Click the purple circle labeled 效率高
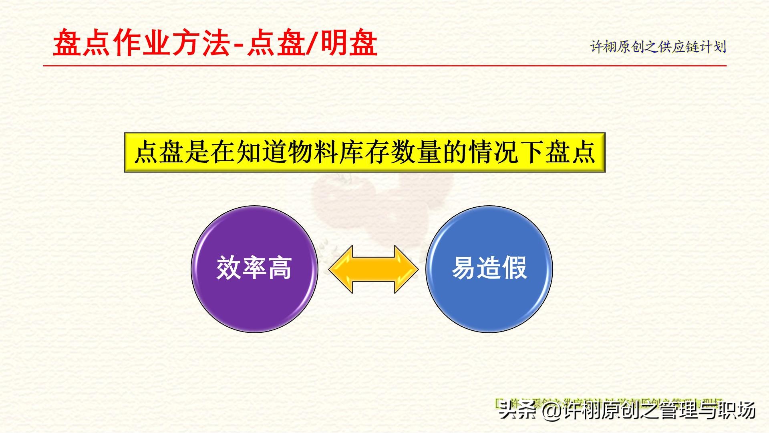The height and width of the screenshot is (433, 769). pos(254,269)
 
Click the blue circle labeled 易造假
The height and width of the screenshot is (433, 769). pos(489,269)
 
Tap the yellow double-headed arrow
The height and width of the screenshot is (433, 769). pos(373,269)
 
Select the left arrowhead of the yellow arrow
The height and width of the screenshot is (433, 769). pos(340,269)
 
